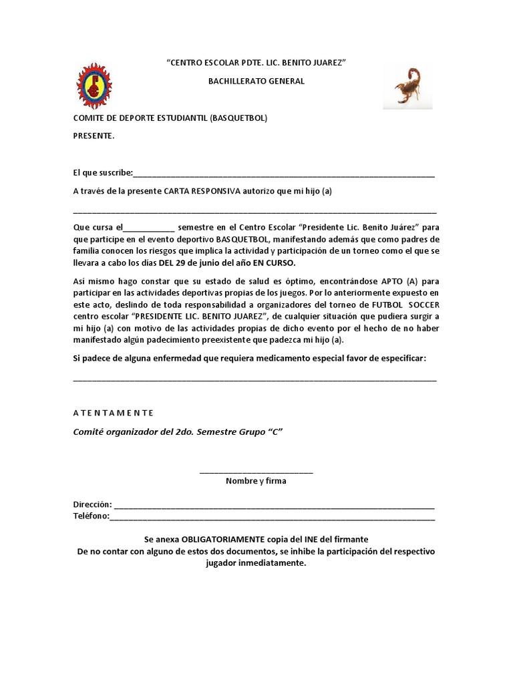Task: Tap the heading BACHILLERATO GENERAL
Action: tap(256, 81)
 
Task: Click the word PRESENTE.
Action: tap(93, 136)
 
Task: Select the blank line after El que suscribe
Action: tap(284, 174)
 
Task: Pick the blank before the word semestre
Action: tap(149, 228)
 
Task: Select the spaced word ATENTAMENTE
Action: tap(114, 413)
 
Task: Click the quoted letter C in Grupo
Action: tap(272, 432)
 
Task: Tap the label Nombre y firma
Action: tap(256, 481)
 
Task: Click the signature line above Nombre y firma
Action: tap(256, 473)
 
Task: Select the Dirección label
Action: tap(92, 505)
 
